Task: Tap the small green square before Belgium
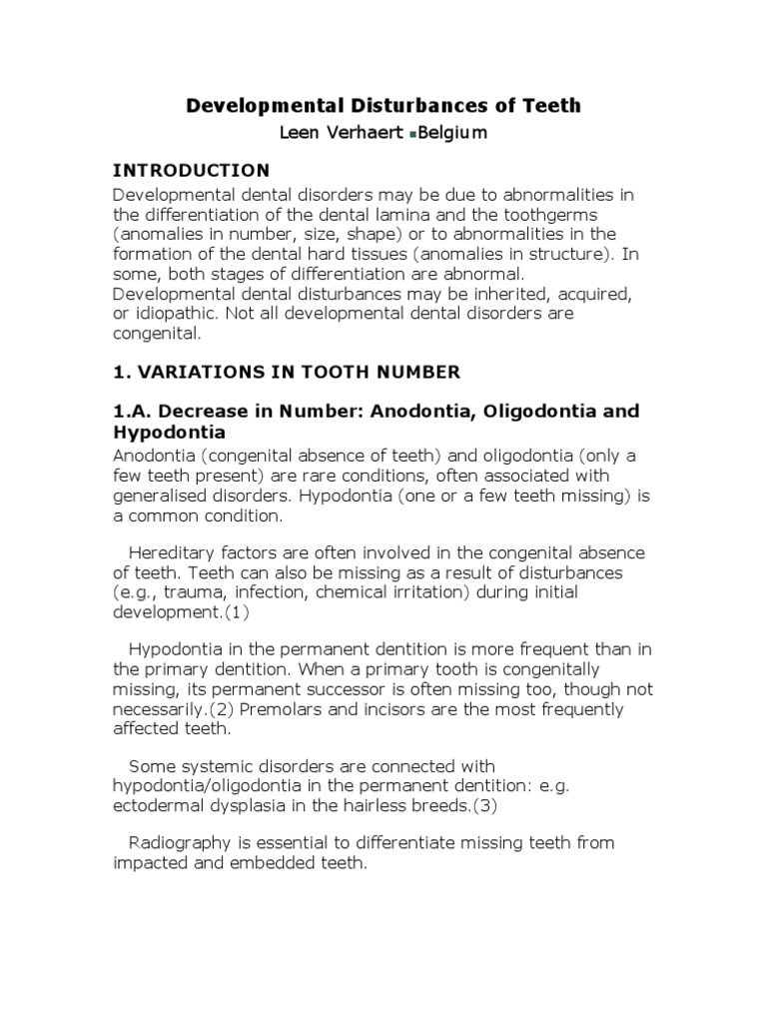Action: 413,135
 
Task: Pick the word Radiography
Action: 189,843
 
